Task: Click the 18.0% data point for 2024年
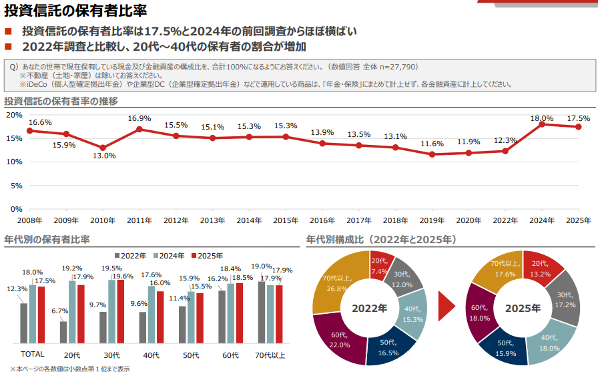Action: (x=542, y=124)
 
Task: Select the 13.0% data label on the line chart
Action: (x=103, y=156)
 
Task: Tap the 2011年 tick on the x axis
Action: (x=139, y=220)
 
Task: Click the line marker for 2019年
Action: (x=432, y=154)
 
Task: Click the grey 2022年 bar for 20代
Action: (x=63, y=331)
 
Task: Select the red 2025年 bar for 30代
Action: (x=121, y=311)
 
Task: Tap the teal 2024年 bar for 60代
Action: (x=231, y=313)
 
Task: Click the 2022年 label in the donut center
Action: (x=370, y=309)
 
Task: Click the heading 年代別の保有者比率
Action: (x=47, y=239)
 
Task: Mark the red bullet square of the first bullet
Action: (x=8, y=32)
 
